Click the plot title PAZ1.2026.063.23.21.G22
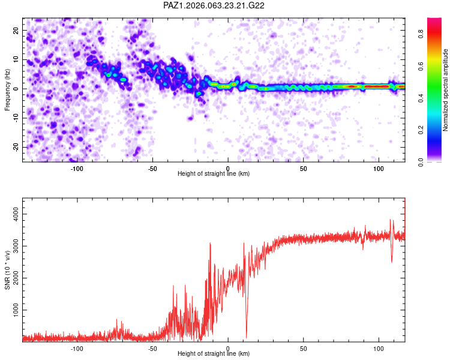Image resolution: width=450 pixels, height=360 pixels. click(x=214, y=5)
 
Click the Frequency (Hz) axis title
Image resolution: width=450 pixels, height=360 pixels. click(x=7, y=90)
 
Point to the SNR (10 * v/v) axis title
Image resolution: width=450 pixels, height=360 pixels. click(x=7, y=270)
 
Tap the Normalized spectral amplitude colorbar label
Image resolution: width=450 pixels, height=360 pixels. click(x=445, y=90)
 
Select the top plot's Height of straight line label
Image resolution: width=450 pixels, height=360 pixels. click(x=214, y=173)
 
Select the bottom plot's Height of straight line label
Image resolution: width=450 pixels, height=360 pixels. click(x=214, y=353)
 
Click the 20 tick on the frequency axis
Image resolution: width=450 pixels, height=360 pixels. click(x=16, y=30)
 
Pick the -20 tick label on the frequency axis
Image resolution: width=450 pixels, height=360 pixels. click(x=16, y=147)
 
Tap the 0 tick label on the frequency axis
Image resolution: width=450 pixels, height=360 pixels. click(x=16, y=89)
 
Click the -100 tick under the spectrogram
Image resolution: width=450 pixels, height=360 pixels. click(x=77, y=169)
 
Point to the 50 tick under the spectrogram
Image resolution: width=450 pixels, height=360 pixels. click(x=304, y=169)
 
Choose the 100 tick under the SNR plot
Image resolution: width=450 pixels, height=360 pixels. click(x=379, y=349)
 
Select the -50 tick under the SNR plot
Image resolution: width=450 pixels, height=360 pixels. click(x=152, y=349)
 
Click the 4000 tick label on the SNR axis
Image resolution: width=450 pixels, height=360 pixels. click(x=16, y=214)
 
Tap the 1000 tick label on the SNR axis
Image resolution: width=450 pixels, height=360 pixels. click(x=16, y=310)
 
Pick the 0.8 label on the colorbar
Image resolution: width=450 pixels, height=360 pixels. click(x=421, y=34)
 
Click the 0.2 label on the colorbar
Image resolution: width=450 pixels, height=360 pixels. click(x=421, y=130)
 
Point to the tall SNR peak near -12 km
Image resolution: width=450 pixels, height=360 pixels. click(x=211, y=244)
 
